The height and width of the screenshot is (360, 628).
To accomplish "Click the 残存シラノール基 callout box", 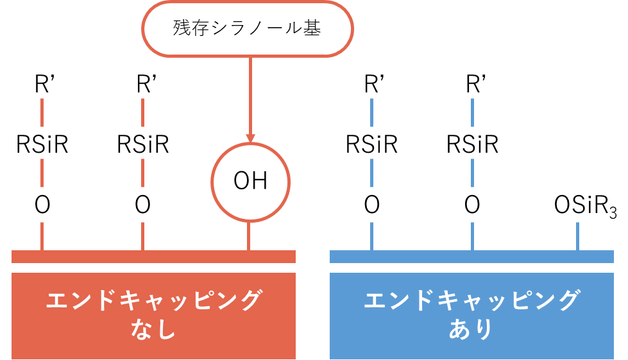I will tap(247, 29).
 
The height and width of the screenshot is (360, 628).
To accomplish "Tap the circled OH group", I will tap(250, 182).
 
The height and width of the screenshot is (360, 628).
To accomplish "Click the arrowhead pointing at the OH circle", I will tap(250, 138).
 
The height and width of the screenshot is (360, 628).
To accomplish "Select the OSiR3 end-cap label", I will tap(584, 205).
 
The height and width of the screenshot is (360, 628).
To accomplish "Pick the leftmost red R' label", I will tap(42, 85).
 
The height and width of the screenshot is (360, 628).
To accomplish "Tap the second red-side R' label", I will tap(143, 85).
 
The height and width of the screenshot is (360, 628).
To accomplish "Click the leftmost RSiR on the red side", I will tap(42, 145).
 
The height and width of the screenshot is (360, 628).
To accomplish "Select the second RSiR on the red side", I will tap(143, 145).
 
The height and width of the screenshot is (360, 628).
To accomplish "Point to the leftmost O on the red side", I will tap(42, 205).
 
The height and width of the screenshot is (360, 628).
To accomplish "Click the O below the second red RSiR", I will tap(143, 205).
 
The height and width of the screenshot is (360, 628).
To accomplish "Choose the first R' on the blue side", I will tap(371, 85).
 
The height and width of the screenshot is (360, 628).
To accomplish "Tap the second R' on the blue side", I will tap(472, 85).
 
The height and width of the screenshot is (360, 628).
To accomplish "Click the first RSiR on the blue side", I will tap(371, 145).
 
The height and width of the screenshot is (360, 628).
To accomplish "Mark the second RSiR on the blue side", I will tap(472, 145).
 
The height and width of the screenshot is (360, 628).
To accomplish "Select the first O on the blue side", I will tap(371, 205).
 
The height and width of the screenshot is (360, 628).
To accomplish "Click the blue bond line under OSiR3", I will tap(578, 236).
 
